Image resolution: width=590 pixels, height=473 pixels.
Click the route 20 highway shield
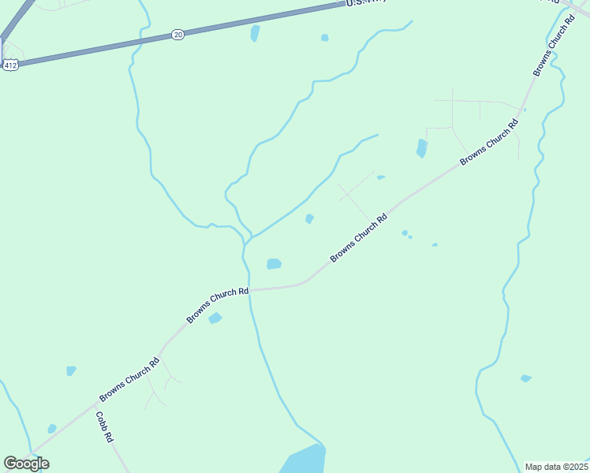tap(178, 35)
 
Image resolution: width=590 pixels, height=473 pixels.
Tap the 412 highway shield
tap(10, 65)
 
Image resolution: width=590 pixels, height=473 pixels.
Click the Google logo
tap(26, 464)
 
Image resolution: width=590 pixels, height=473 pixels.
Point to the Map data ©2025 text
tap(557, 467)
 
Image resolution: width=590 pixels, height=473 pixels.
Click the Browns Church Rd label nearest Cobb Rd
tap(129, 379)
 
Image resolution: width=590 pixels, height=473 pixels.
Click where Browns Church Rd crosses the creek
tap(250, 289)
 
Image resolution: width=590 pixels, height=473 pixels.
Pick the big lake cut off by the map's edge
tap(304, 460)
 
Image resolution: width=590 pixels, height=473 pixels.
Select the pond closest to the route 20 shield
tap(255, 33)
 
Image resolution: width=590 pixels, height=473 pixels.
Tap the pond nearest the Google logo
tap(52, 428)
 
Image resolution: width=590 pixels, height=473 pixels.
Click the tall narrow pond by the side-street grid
tap(421, 148)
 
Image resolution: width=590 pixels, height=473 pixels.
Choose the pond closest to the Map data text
tap(526, 378)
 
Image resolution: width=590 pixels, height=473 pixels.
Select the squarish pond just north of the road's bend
tap(274, 263)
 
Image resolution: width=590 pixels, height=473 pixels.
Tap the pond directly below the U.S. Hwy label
tap(325, 37)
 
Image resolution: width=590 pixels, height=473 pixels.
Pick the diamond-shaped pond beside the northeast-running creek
tap(310, 218)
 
